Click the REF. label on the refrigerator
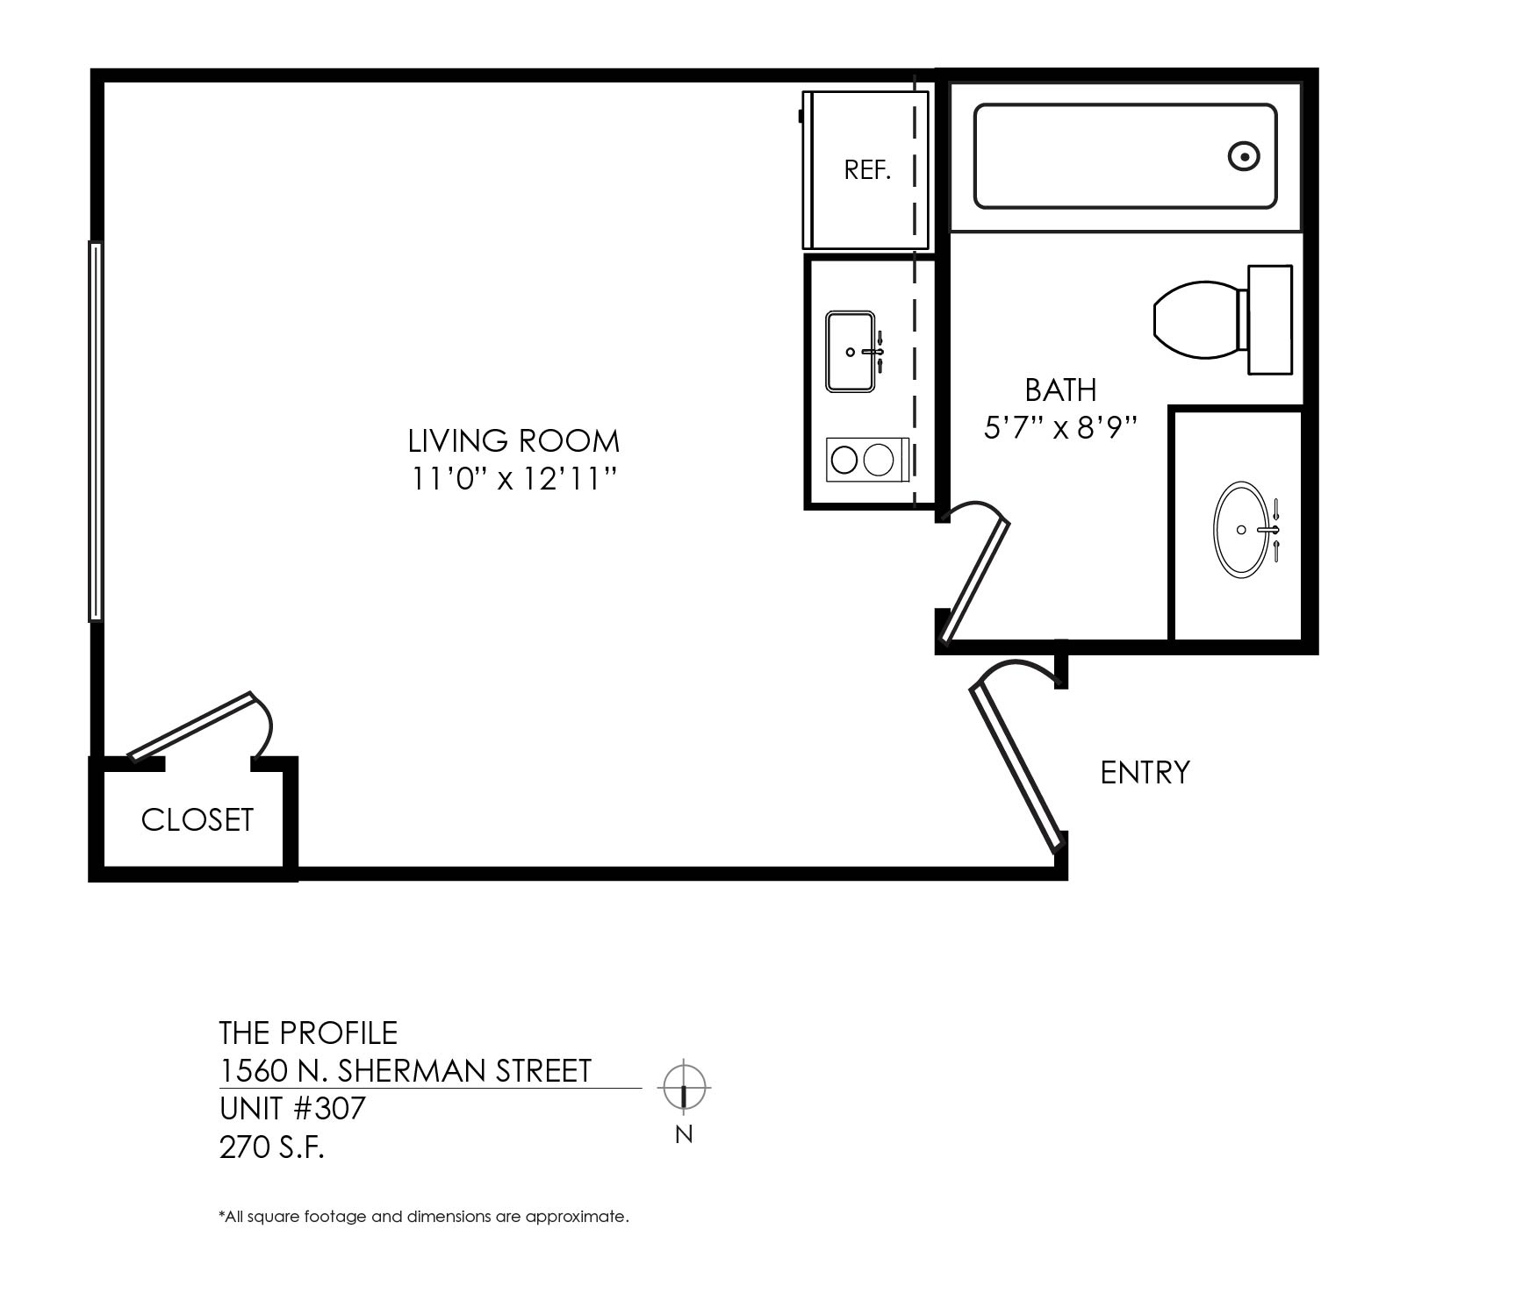click(x=867, y=170)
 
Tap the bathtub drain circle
click(x=1244, y=157)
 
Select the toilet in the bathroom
click(x=1223, y=319)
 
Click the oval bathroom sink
click(x=1241, y=530)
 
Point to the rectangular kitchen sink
click(x=851, y=351)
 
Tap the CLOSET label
click(x=197, y=820)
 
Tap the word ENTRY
click(x=1145, y=773)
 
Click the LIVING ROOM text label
click(x=514, y=440)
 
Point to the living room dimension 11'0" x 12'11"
click(x=514, y=479)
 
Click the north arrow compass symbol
click(x=685, y=1088)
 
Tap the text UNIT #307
click(x=292, y=1109)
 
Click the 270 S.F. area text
click(x=272, y=1147)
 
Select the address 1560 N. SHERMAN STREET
click(x=406, y=1071)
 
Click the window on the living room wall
click(x=96, y=432)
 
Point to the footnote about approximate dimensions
click(x=424, y=1217)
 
